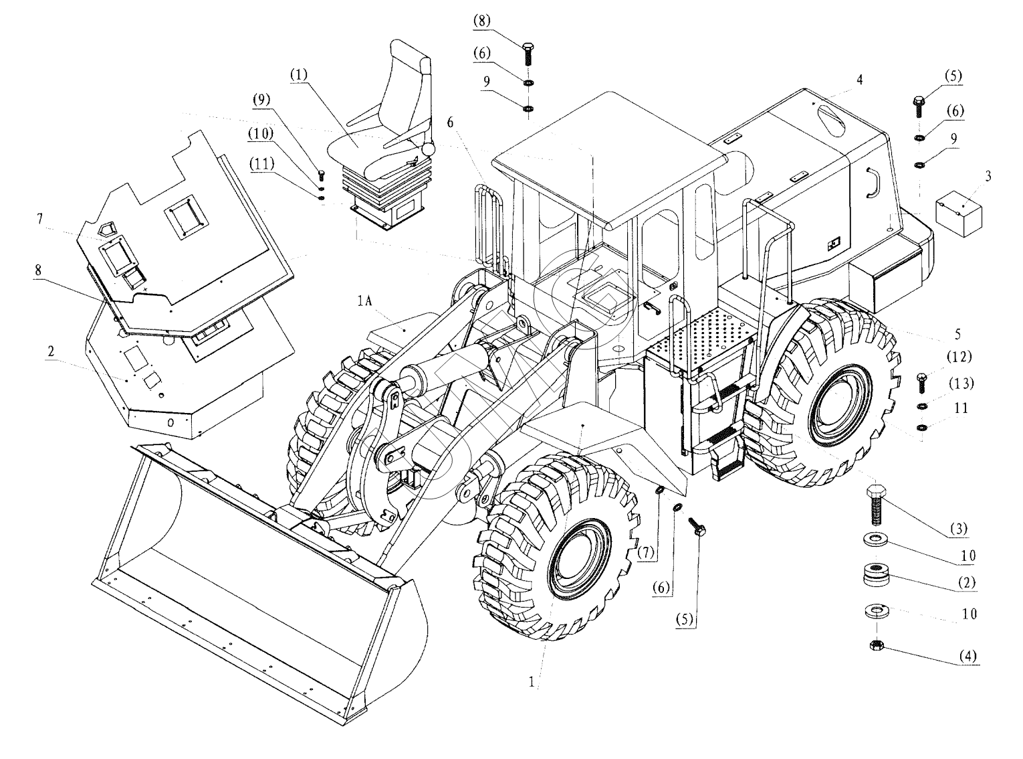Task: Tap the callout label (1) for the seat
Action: click(x=298, y=75)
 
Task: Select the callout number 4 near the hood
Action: click(x=859, y=80)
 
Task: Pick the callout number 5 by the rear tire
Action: click(x=957, y=333)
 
